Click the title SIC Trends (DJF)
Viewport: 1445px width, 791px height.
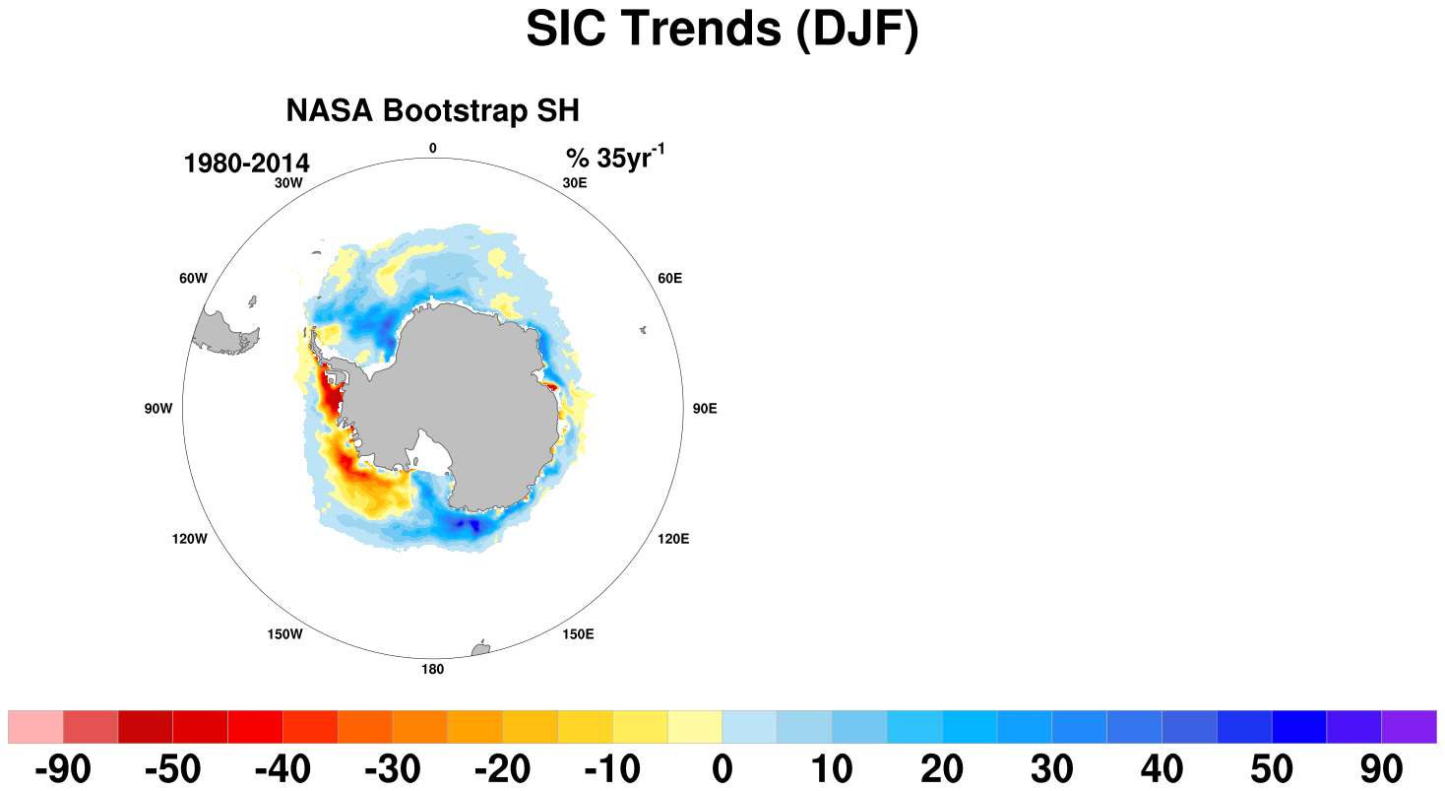coord(722,30)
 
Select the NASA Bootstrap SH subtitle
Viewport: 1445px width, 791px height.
coord(433,110)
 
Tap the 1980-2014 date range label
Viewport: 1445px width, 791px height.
coord(246,163)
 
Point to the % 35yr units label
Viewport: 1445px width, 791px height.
coord(615,157)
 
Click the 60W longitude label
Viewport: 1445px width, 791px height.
coord(194,279)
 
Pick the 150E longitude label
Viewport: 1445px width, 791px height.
coord(578,634)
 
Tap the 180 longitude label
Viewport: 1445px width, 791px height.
coord(433,670)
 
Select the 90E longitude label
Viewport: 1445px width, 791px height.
coord(705,409)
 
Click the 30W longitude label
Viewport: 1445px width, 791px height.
coord(288,183)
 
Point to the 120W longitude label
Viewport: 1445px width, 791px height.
coord(190,539)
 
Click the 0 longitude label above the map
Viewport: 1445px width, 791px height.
coord(433,148)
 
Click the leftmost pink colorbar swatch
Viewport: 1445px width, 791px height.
coord(35,727)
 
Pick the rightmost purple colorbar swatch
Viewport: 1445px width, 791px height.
coord(1409,727)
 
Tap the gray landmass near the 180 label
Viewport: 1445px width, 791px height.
coord(480,648)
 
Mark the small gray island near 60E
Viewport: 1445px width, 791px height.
coord(643,330)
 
